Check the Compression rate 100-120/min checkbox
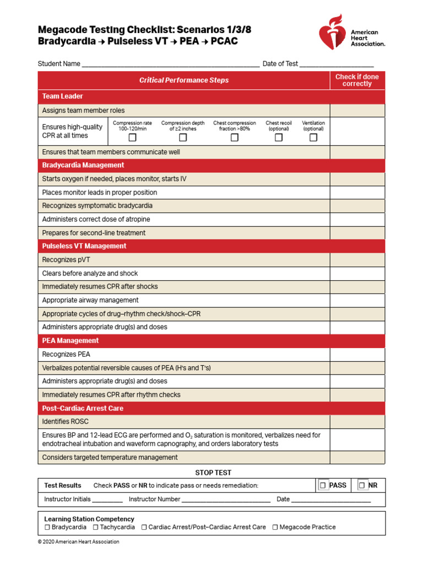132,138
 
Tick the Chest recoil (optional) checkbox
279,138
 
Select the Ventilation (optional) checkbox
313,138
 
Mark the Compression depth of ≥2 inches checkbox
183,138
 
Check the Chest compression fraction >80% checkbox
235,138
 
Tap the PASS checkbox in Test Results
323,485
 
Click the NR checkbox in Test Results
362,485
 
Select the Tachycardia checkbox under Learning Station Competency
95,527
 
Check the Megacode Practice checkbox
275,527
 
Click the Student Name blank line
170,65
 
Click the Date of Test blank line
337,65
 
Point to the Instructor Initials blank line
107,501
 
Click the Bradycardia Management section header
83,165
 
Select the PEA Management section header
70,340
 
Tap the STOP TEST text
213,473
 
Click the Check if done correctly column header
357,80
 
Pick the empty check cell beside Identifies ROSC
357,422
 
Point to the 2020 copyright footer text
78,542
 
